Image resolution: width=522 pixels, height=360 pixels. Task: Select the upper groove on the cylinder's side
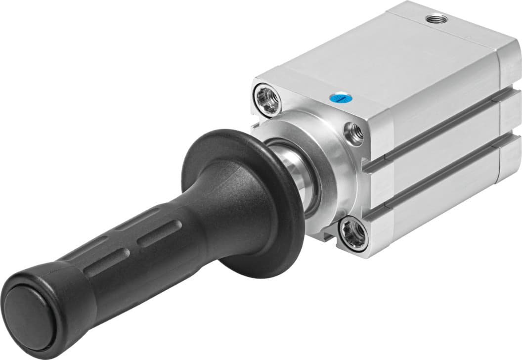435,126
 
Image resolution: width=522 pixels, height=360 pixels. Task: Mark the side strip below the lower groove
435,208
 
